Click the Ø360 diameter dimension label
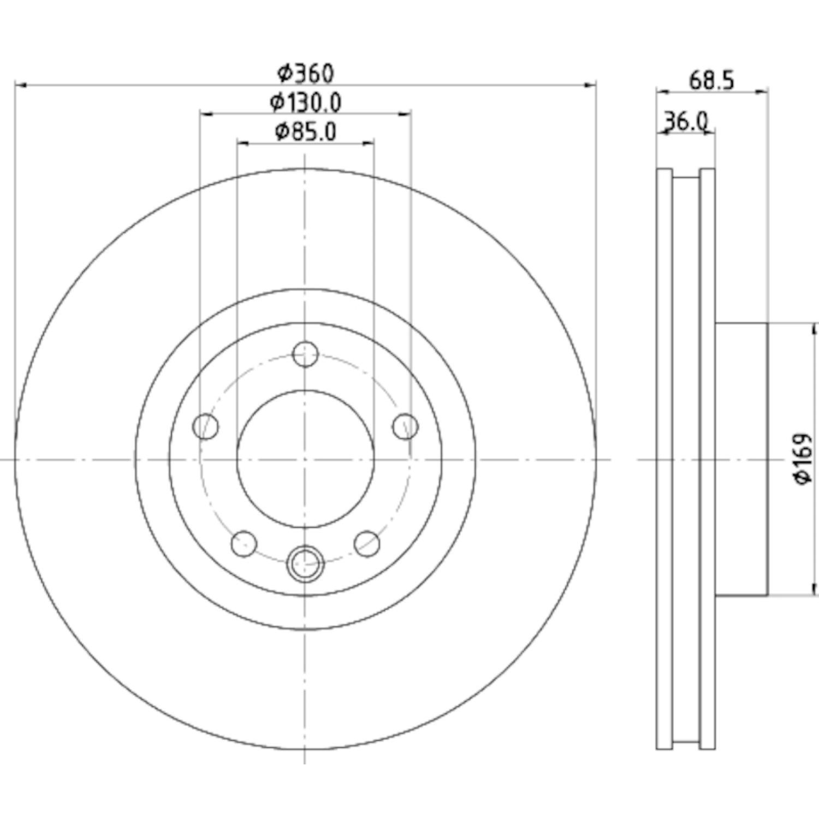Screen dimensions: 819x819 tap(305, 73)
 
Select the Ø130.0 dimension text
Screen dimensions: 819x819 tap(306, 102)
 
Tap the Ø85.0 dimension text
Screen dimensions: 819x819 tap(305, 132)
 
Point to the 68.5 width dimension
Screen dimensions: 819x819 tap(711, 81)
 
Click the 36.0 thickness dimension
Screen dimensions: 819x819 tap(685, 120)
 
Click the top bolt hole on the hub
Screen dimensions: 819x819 tap(305, 355)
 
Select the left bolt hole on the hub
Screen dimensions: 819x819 tap(206, 426)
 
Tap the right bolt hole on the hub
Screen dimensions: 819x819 tap(406, 426)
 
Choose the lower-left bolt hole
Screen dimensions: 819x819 tap(244, 543)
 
